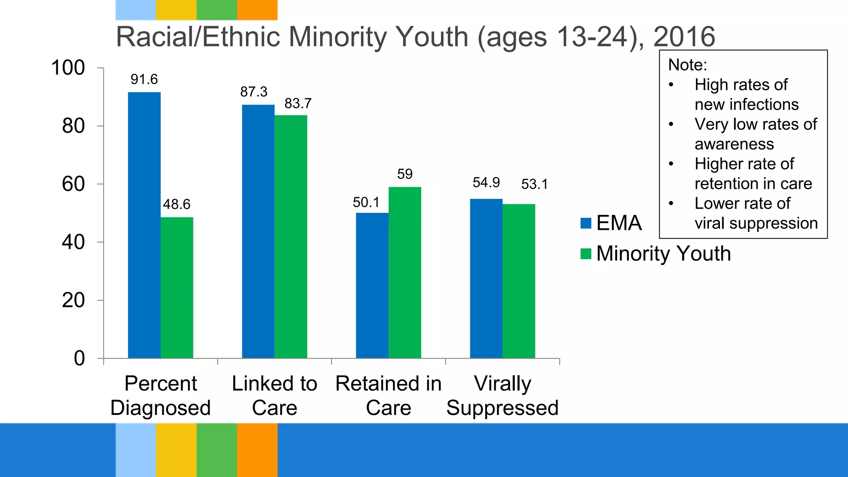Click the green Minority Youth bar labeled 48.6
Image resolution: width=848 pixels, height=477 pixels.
(177, 287)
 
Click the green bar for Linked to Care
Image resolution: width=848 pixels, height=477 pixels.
(291, 236)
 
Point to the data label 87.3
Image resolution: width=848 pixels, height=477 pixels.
(254, 92)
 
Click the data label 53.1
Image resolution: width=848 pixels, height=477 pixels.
(534, 184)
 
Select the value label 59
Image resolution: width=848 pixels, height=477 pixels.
(405, 174)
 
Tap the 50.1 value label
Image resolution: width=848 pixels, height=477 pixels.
(366, 202)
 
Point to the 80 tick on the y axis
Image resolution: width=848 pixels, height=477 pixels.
(73, 126)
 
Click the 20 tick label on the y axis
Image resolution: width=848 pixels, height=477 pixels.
(73, 300)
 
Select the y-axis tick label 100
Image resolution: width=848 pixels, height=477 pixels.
(68, 67)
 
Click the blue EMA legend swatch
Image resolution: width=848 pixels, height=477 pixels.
(586, 223)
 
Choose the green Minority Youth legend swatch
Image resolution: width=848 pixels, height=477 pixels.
(586, 254)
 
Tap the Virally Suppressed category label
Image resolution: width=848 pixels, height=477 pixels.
(502, 395)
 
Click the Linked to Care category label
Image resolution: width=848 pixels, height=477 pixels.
(275, 395)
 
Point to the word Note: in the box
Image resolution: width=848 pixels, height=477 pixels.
(687, 65)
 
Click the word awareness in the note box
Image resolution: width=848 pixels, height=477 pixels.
(734, 144)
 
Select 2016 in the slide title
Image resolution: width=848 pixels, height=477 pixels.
(684, 36)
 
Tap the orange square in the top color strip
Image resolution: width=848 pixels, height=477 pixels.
(257, 10)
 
